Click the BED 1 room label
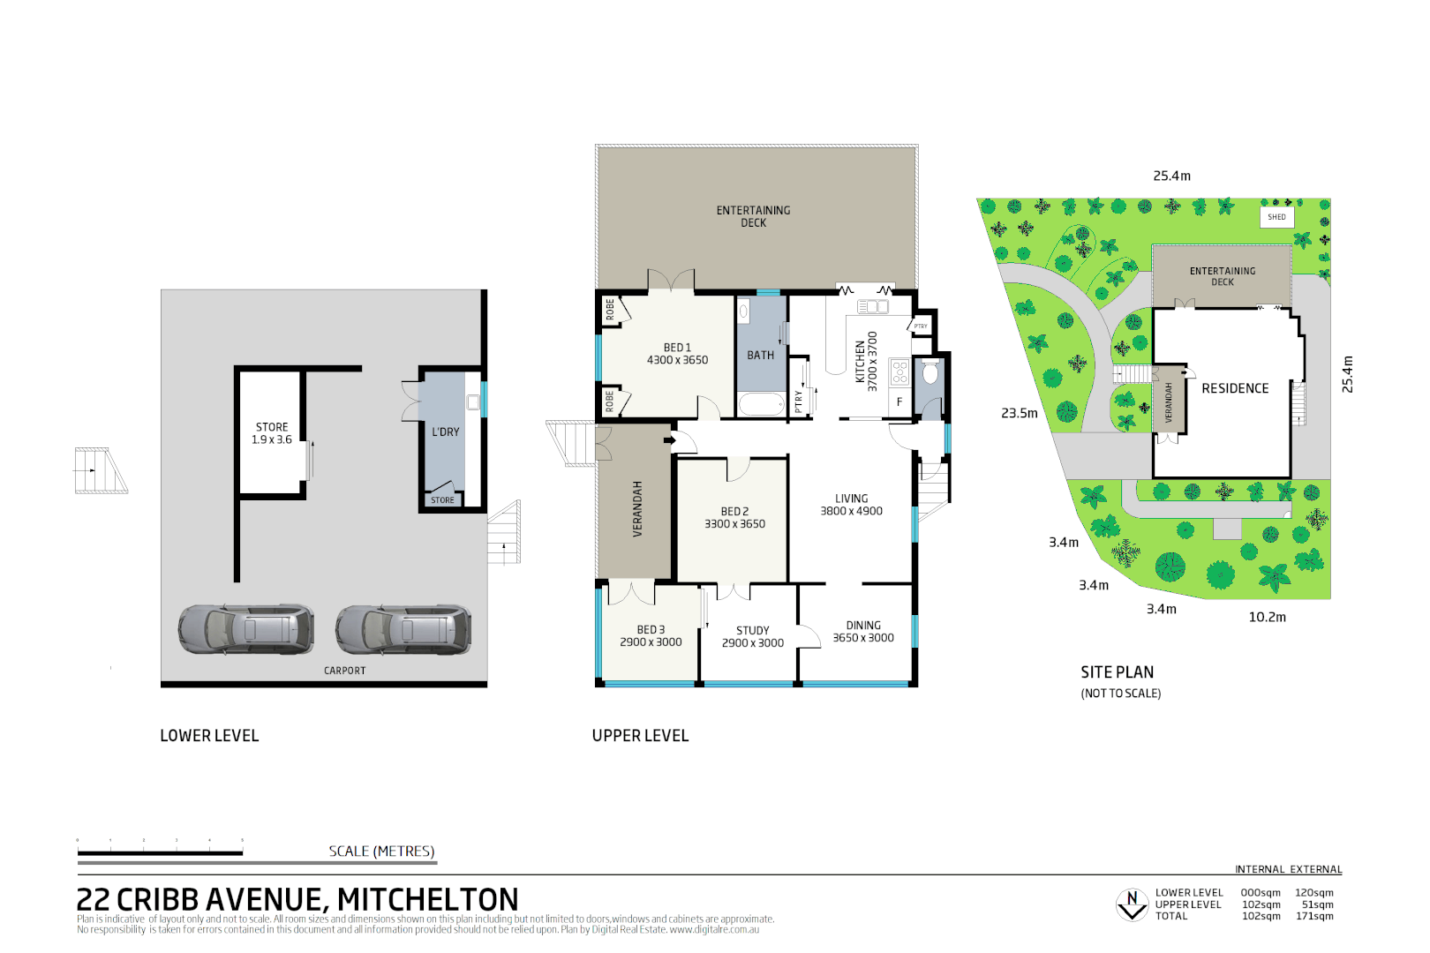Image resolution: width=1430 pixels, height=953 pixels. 677,354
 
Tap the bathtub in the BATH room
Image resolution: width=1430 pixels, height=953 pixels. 760,405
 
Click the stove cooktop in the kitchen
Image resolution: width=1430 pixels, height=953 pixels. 899,371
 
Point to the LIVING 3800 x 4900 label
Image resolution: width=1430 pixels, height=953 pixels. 851,505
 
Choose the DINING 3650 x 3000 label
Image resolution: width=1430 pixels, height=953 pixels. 862,631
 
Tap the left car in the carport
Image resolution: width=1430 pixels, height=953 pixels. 245,629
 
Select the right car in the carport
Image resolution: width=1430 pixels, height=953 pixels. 403,629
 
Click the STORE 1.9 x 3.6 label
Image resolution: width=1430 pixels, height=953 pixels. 271,433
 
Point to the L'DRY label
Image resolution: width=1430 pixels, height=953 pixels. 445,432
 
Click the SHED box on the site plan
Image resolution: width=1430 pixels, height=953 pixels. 1276,216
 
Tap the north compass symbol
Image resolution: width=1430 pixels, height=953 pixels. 1132,904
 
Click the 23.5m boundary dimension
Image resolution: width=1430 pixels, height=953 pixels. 1019,413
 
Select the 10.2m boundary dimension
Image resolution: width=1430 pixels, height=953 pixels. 1267,618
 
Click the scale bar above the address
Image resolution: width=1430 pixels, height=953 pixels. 160,852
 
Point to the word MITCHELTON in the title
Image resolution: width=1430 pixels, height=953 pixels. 428,900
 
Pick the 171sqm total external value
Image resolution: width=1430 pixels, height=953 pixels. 1314,916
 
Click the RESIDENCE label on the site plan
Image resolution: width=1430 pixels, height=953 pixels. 1235,388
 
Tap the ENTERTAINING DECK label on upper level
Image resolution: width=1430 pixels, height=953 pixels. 753,216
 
